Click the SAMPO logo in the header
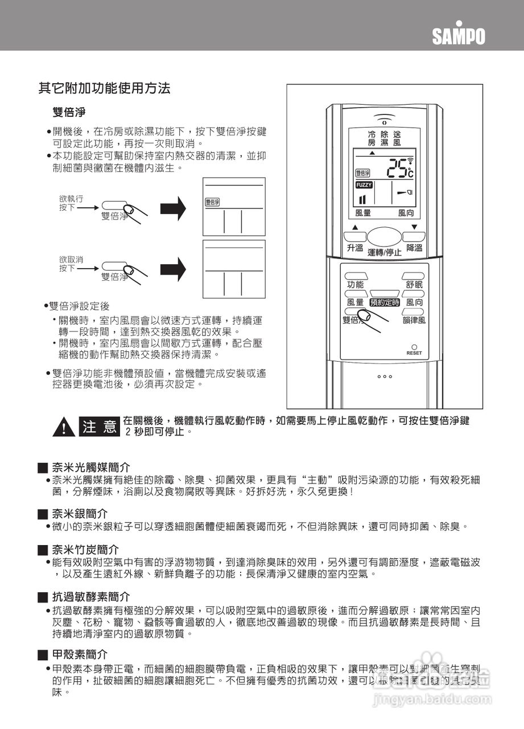tap(459, 35)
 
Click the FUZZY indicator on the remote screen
tap(364, 185)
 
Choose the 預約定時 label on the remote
tap(385, 302)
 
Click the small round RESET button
tap(414, 347)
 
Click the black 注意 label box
tap(100, 427)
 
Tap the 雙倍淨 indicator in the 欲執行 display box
tap(212, 202)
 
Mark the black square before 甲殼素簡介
tap(42, 656)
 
